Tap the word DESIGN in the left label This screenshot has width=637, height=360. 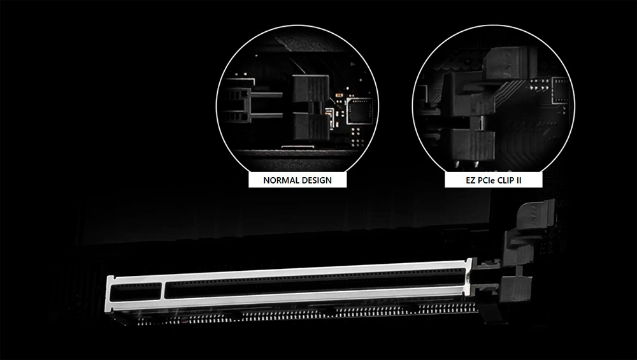315,180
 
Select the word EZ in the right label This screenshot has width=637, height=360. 471,180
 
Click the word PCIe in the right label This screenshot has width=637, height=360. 487,180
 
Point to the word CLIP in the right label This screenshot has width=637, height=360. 507,180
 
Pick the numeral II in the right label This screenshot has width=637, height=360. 519,180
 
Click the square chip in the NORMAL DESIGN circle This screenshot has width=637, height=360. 359,110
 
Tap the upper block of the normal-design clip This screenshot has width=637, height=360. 311,89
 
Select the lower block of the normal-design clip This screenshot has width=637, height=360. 311,126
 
